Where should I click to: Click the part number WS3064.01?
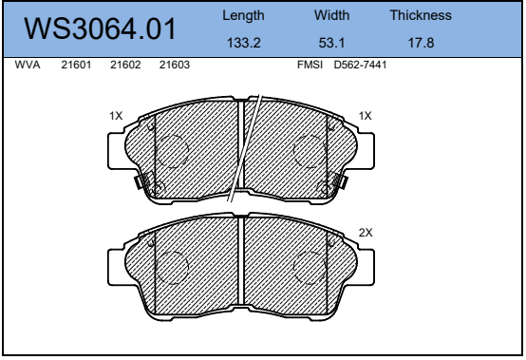100,28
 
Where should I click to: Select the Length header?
243,16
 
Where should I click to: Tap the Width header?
331,15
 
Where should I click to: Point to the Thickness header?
421,15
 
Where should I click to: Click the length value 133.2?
244,43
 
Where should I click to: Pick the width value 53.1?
331,43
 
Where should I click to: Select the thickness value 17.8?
421,43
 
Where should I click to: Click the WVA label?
28,65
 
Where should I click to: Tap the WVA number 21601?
76,65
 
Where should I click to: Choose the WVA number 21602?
125,65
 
